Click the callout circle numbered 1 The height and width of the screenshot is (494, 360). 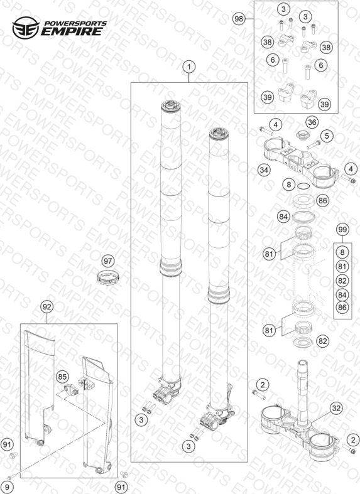click(189, 67)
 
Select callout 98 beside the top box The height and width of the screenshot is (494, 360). click(239, 19)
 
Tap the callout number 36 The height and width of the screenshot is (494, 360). click(312, 122)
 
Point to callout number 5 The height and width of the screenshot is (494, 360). click(327, 136)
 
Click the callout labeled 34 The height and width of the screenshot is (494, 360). click(264, 170)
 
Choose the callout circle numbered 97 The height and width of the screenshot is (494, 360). click(108, 261)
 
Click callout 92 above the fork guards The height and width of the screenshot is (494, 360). click(46, 306)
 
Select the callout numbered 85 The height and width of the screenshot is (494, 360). click(62, 377)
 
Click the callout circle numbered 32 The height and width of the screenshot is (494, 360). click(336, 409)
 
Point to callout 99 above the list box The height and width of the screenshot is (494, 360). click(342, 229)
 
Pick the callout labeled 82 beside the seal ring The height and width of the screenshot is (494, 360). click(323, 341)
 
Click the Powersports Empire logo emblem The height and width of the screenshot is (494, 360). click(26, 28)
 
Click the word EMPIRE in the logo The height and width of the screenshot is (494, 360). click(72, 31)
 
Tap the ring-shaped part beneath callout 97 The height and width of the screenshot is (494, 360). click(108, 277)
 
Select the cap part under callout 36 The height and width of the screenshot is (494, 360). click(303, 134)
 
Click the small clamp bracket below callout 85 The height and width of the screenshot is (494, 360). click(71, 390)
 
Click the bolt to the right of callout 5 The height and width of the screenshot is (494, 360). click(314, 144)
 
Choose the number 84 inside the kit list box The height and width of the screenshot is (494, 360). click(342, 295)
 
